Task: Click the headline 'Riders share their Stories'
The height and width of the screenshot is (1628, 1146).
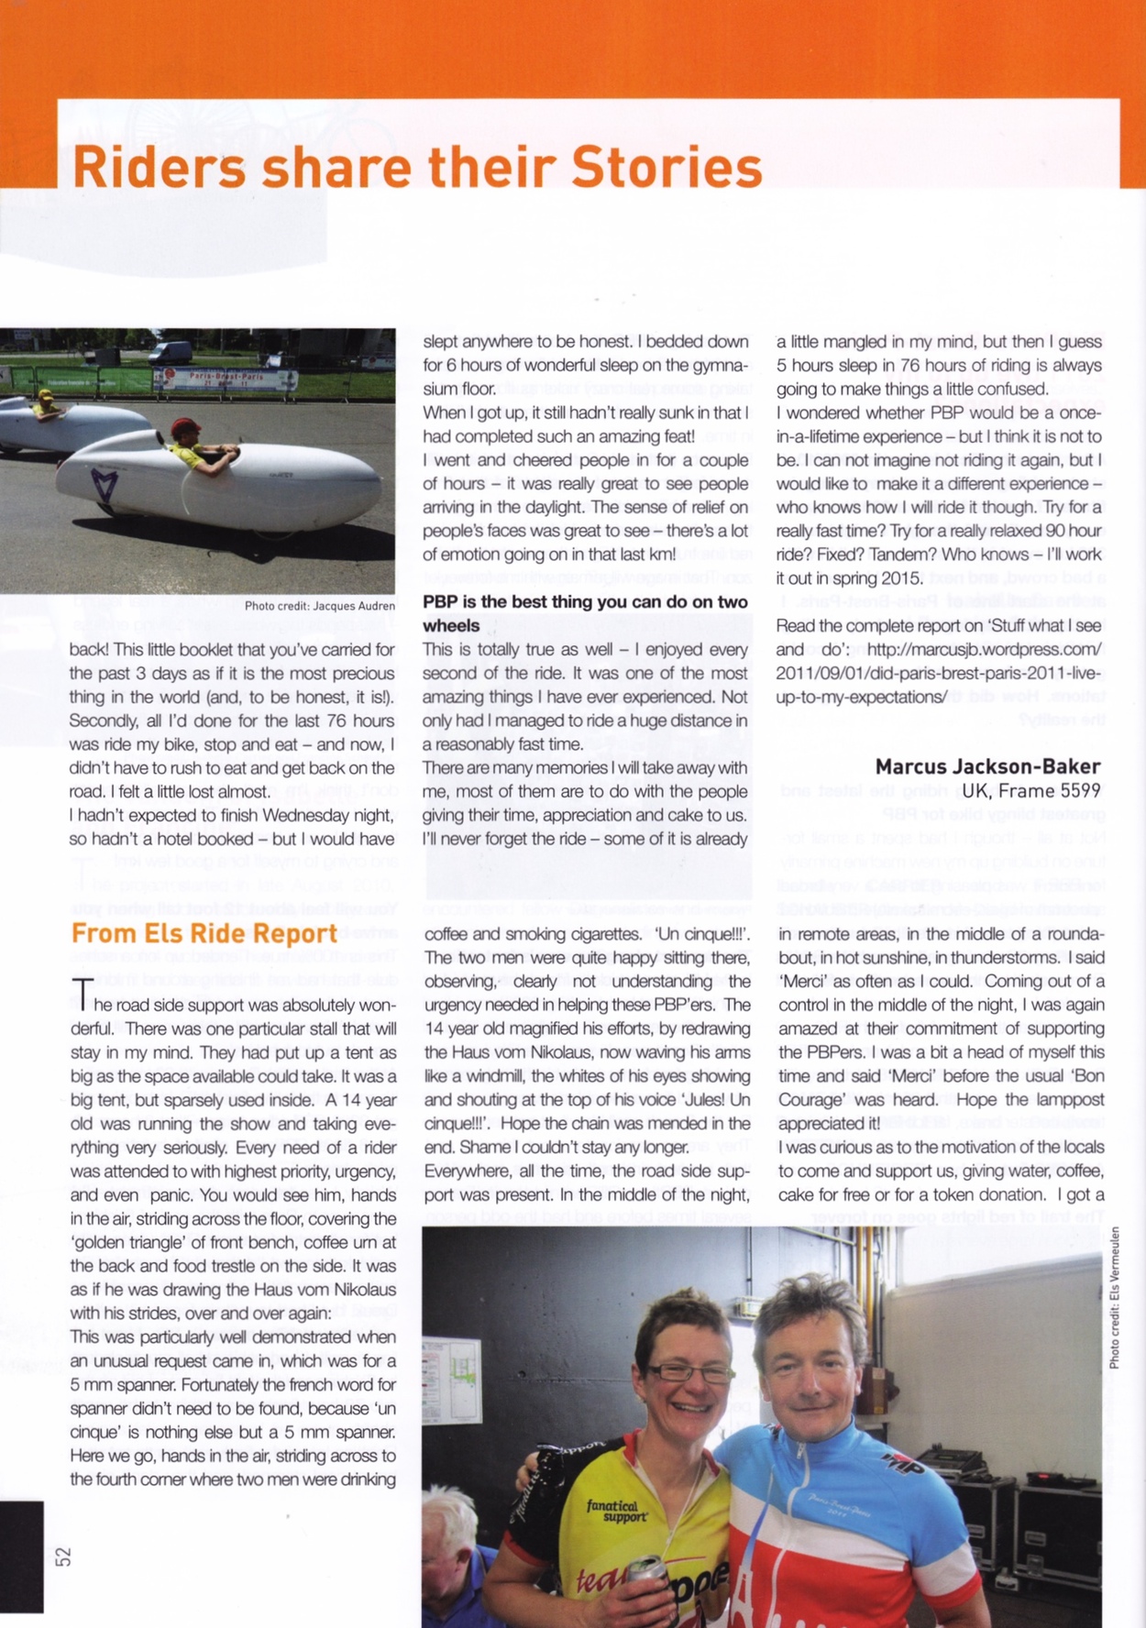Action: [417, 167]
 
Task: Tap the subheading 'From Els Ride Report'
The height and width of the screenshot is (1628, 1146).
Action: [204, 933]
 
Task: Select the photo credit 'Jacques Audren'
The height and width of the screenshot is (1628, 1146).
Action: [353, 606]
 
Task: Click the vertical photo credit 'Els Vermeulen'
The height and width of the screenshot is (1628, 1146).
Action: [1114, 1297]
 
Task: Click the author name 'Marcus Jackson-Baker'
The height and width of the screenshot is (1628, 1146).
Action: [987, 766]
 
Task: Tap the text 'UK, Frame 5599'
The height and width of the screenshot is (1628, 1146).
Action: [1030, 790]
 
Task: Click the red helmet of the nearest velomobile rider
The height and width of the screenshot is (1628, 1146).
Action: [185, 426]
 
